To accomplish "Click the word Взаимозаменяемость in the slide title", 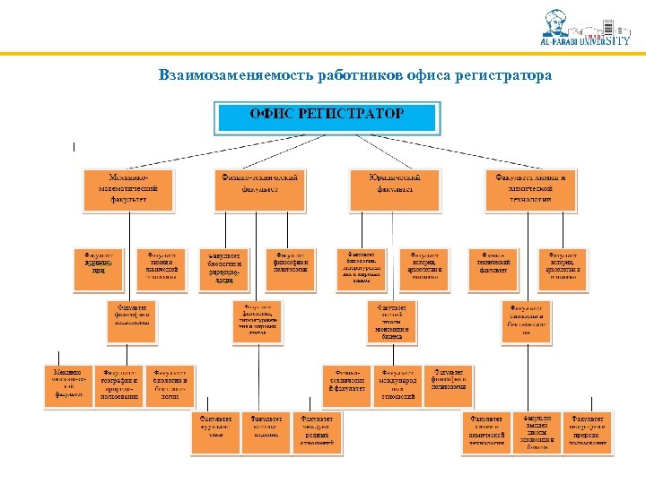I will [235, 74].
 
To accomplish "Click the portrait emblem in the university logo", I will [557, 23].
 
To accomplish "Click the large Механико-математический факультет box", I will [128, 189].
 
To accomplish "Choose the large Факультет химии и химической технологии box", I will [530, 189].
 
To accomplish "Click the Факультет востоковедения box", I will [266, 433].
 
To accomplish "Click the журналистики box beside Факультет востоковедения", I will [215, 433].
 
